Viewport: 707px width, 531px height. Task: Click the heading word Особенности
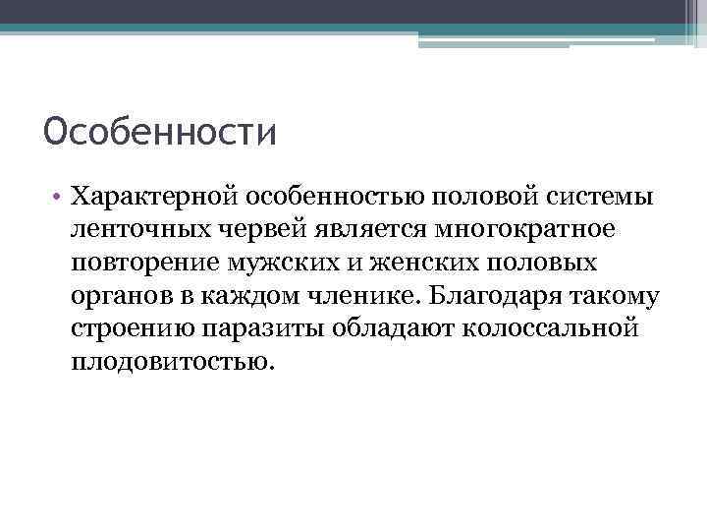pos(160,132)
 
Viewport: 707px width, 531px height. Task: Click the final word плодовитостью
pos(168,361)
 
